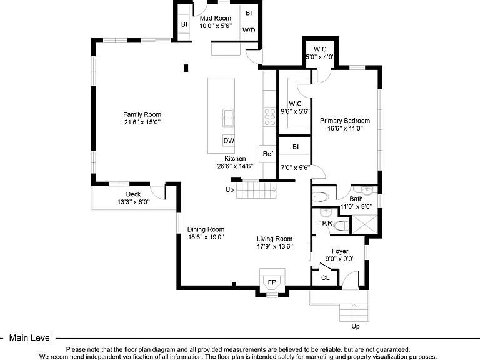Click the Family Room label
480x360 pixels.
[x=142, y=114]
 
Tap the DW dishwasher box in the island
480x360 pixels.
[x=229, y=141]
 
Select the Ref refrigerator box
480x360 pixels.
[x=268, y=154]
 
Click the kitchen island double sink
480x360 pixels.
[x=228, y=118]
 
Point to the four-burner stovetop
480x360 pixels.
[x=270, y=117]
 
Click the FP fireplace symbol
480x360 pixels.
[x=272, y=282]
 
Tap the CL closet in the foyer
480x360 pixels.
[x=325, y=277]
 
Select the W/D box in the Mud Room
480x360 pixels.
[x=249, y=30]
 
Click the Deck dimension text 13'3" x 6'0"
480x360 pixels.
[x=134, y=202]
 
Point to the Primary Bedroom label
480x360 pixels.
[x=345, y=121]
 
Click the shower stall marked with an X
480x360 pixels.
[x=365, y=225]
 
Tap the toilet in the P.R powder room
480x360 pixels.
[x=341, y=226]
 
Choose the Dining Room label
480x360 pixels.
[x=206, y=229]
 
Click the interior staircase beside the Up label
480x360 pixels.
[x=256, y=190]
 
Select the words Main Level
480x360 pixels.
[x=30, y=338]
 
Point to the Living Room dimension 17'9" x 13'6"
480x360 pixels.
[x=275, y=246]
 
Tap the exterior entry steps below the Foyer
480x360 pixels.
[x=354, y=312]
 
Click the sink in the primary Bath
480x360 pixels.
[x=367, y=191]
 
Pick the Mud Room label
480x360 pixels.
[x=216, y=18]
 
